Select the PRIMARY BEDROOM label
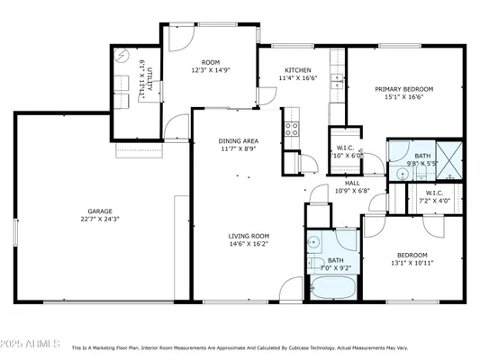click(404, 89)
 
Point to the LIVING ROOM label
click(247, 234)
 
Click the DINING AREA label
click(239, 141)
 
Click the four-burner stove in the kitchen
click(292, 127)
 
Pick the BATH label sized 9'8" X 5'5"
click(422, 157)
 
